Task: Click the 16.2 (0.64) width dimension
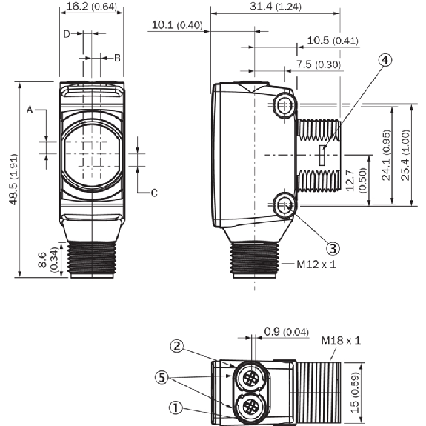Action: pos(91,7)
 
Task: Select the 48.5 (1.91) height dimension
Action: pos(13,179)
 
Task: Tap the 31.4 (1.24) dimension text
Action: pos(276,7)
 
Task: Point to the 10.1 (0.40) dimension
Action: pos(177,25)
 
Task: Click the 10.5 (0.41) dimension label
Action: pos(333,41)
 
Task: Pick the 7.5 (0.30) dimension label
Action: pos(318,64)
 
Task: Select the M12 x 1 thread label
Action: pos(316,264)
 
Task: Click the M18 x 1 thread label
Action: pos(341,340)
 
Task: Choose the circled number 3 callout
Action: pos(333,248)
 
